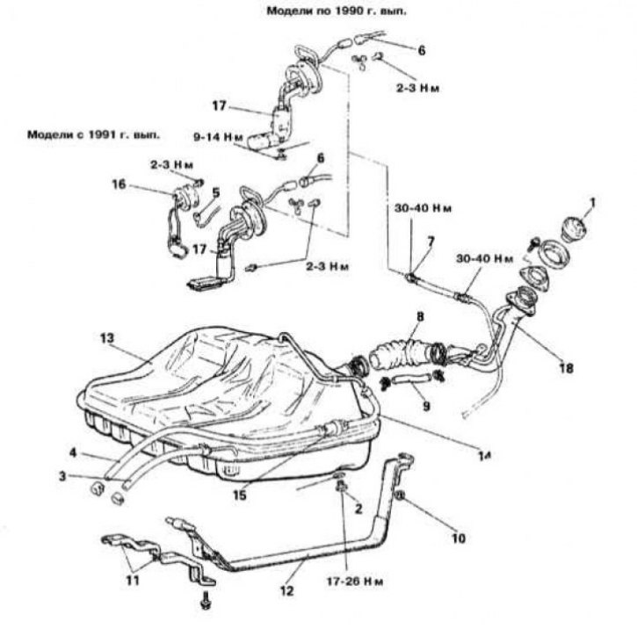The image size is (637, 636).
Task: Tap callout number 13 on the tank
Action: [x=108, y=338]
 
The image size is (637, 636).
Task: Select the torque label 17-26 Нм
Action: [x=355, y=582]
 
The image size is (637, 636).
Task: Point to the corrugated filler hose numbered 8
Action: [x=406, y=351]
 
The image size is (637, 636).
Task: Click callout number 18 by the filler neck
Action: [x=566, y=368]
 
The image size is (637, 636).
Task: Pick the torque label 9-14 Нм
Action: [x=218, y=137]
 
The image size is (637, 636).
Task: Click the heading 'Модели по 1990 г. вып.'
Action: [x=337, y=11]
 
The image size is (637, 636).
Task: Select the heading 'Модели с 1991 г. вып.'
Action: [x=93, y=134]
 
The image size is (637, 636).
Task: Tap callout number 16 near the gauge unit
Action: [x=119, y=184]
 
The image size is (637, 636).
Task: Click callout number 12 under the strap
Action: [x=286, y=590]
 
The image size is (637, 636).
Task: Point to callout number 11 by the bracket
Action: [x=133, y=580]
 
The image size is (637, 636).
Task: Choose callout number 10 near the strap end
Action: [x=458, y=538]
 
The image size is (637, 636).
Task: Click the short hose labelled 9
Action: [x=410, y=380]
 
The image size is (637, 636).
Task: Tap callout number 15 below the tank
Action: [x=240, y=495]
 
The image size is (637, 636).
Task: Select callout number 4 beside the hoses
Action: [x=73, y=452]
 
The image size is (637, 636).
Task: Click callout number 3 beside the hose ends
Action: [x=62, y=475]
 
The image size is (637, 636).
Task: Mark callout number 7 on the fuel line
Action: [x=431, y=242]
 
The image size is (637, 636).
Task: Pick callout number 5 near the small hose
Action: [x=216, y=192]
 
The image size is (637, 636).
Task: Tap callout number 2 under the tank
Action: [x=358, y=508]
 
